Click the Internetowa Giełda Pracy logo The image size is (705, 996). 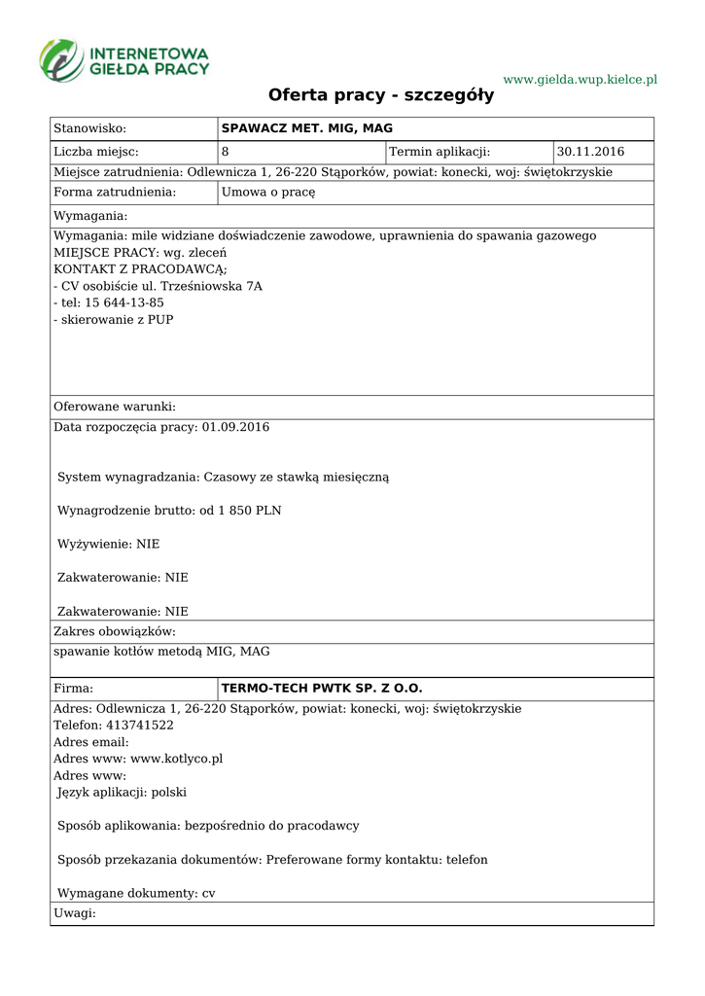124,59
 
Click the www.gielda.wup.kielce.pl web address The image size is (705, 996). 580,79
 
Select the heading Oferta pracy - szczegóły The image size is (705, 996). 381,95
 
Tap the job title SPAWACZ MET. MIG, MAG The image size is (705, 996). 307,128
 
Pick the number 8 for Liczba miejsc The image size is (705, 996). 226,152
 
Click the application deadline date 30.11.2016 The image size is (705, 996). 590,152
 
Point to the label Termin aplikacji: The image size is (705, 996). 440,152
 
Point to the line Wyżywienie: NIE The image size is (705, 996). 108,544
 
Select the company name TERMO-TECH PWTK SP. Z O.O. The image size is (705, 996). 322,689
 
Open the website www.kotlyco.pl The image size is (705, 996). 176,759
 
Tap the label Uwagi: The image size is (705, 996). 75,913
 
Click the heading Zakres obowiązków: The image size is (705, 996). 115,632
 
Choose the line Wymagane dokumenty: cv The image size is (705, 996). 136,893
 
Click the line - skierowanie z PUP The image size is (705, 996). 114,319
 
